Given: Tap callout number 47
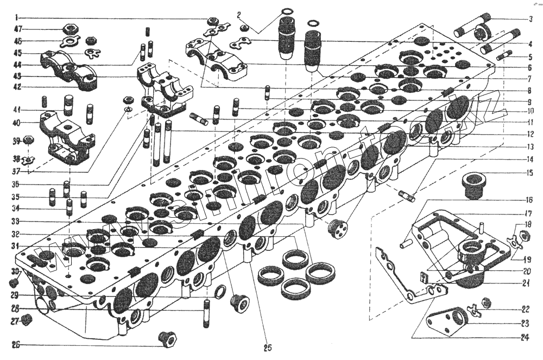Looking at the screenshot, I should pos(18,29).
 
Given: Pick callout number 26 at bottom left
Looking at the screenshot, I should pos(17,344).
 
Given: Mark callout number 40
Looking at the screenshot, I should pos(17,123).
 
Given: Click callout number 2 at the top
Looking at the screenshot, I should pos(239,14).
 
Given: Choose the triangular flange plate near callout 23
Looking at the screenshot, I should pos(446,322).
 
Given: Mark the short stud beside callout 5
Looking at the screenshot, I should pos(504,55).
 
